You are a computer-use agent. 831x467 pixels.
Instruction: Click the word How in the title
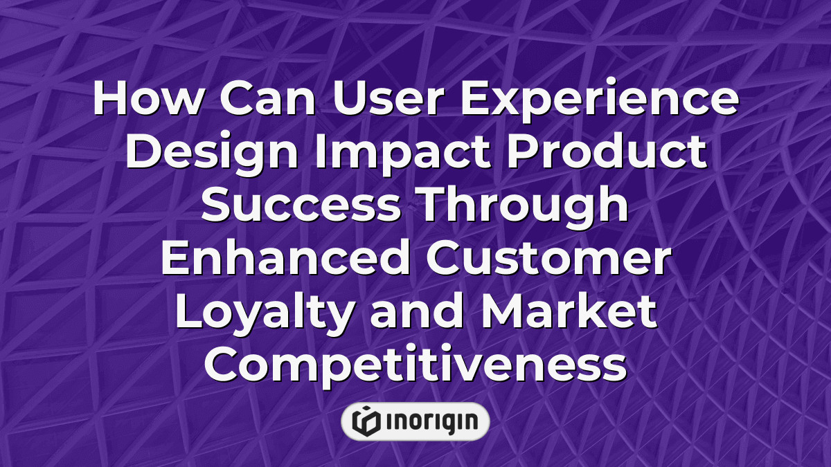[x=148, y=97]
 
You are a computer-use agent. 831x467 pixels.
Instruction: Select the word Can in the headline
[x=268, y=97]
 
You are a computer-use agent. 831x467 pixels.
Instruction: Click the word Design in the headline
[x=212, y=154]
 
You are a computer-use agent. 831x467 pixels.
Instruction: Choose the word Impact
[x=402, y=154]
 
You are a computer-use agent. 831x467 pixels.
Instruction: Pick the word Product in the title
[x=607, y=150]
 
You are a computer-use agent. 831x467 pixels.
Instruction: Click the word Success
[x=301, y=204]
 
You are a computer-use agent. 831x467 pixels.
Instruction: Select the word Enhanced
[x=285, y=257]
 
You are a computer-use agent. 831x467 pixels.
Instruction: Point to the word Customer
[x=548, y=257]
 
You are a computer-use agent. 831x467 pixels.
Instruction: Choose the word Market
[x=569, y=310]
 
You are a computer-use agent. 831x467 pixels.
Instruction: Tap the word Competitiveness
[x=415, y=366]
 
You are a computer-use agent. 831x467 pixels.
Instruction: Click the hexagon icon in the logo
[x=366, y=421]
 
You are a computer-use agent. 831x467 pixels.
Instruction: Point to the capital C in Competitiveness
[x=222, y=364]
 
